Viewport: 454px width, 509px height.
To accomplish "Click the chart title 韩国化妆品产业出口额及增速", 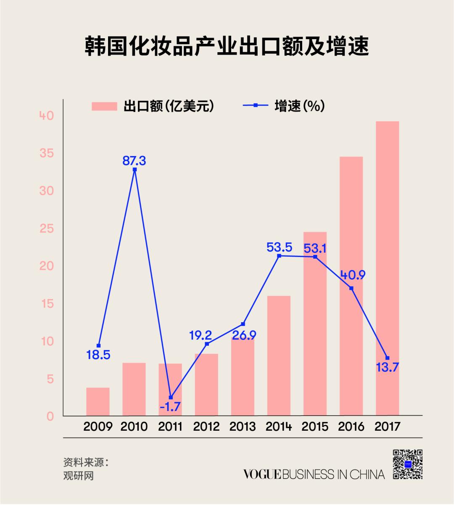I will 227,46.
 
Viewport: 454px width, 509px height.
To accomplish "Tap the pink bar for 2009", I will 98,402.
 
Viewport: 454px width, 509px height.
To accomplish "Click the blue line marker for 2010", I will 135,170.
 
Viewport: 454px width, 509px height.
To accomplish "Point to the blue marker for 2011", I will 171,397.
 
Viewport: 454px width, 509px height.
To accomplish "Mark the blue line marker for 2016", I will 351,288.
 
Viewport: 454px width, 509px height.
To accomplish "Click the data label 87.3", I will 134,160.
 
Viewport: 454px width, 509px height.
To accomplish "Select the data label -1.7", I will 170,407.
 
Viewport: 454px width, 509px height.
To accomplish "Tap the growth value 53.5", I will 279,247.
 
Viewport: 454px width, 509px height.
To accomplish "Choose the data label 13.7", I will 387,367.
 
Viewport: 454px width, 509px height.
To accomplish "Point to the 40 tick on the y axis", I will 47,115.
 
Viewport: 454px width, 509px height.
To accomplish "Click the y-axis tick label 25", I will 47,228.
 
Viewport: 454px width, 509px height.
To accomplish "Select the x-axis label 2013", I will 243,427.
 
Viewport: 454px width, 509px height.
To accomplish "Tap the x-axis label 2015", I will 315,427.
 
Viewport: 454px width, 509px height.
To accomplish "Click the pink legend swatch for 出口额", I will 104,106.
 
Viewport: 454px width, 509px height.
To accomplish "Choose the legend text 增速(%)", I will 299,106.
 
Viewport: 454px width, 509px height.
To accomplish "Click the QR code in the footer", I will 407,464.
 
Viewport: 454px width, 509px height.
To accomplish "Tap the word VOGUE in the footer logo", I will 262,475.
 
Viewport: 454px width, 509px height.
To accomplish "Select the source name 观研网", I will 79,476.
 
